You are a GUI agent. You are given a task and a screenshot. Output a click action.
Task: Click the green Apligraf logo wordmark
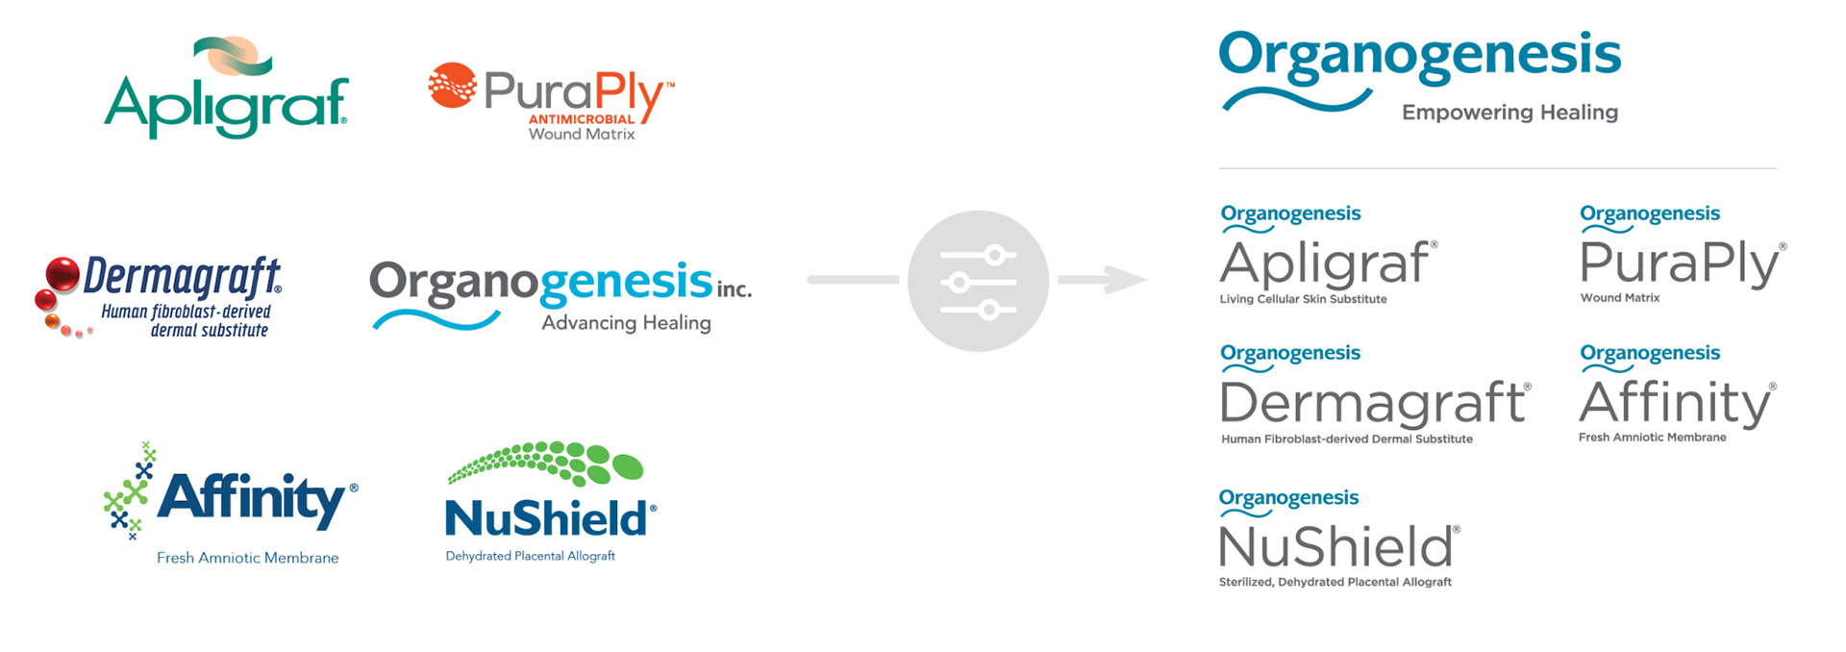(226, 106)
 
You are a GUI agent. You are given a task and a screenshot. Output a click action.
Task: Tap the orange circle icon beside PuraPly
(452, 86)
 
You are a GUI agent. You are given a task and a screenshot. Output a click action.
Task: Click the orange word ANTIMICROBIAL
(581, 119)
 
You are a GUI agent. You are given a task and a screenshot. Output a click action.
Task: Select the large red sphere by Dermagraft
(62, 274)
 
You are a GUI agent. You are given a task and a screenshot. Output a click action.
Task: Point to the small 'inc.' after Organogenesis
(734, 288)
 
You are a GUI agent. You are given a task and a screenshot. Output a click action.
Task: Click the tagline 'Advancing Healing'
(626, 323)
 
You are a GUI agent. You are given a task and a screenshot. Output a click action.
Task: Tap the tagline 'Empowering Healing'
(1509, 113)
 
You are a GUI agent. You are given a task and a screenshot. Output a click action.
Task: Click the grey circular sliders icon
(978, 281)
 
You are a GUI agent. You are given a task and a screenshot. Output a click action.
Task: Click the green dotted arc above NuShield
(545, 463)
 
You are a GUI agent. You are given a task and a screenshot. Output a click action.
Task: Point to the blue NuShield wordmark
(546, 519)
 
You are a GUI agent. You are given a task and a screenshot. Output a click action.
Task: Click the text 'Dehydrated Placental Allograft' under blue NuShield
(530, 556)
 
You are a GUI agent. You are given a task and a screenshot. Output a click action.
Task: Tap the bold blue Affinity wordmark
(251, 498)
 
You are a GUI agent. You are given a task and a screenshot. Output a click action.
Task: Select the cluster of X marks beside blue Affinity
(129, 491)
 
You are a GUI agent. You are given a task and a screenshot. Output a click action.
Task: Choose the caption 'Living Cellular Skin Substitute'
(1303, 299)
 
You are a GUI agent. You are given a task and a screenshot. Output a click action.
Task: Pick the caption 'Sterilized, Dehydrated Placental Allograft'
(1335, 582)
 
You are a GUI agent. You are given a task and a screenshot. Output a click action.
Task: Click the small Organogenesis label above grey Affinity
(1650, 353)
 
